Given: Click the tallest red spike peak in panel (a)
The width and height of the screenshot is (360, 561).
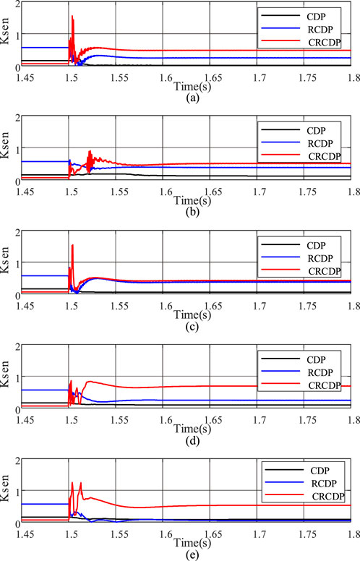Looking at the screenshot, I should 73,16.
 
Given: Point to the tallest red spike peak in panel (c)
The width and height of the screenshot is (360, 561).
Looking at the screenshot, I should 73,245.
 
